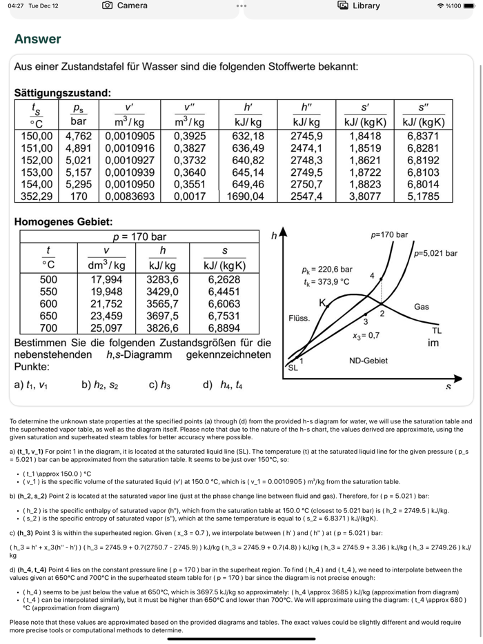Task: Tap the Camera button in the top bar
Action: pyautogui.click(x=125, y=6)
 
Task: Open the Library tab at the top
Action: pyautogui.click(x=359, y=6)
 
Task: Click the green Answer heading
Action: pyautogui.click(x=37, y=39)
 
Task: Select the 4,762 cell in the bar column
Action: pyautogui.click(x=79, y=136)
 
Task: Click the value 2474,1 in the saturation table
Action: pyautogui.click(x=306, y=148)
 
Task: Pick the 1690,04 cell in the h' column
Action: pyautogui.click(x=246, y=197)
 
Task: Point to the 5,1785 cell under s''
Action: pyautogui.click(x=423, y=197)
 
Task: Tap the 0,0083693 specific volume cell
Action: pyautogui.click(x=129, y=197)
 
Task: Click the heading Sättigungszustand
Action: pyautogui.click(x=62, y=92)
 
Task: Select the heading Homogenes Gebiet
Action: pyautogui.click(x=63, y=222)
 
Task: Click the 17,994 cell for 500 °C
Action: pyautogui.click(x=107, y=279)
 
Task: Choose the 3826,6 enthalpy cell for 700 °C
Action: pyautogui.click(x=163, y=328)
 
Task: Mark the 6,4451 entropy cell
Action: pyautogui.click(x=224, y=292)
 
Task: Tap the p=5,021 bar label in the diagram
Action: pyautogui.click(x=435, y=253)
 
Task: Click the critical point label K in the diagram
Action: pyautogui.click(x=322, y=303)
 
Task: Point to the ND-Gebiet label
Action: pyautogui.click(x=368, y=360)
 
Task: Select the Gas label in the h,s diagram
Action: pyautogui.click(x=422, y=306)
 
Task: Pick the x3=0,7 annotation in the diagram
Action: pyautogui.click(x=366, y=336)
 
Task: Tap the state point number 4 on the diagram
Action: pyautogui.click(x=372, y=275)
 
